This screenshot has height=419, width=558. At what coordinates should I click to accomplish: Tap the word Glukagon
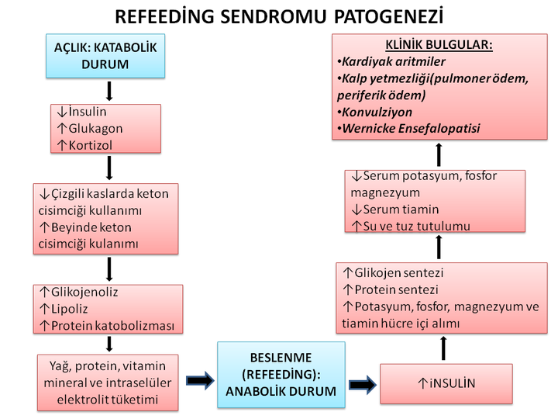pyautogui.click(x=95, y=129)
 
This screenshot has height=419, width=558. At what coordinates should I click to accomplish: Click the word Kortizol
pyautogui.click(x=91, y=144)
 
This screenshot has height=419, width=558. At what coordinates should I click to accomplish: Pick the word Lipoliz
pyautogui.click(x=73, y=309)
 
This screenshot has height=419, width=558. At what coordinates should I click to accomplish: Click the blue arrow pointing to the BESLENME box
pyautogui.click(x=200, y=381)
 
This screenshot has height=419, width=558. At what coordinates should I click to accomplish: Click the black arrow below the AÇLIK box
pyautogui.click(x=109, y=91)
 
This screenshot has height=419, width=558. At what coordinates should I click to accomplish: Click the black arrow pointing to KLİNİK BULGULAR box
pyautogui.click(x=439, y=154)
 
